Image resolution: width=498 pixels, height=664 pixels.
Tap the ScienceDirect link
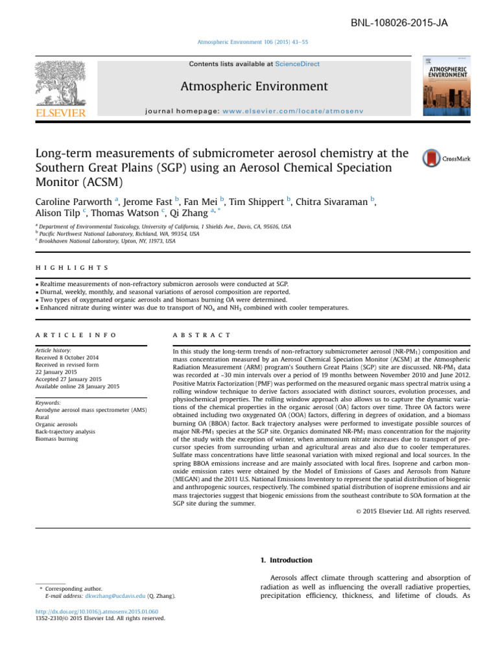click(x=297, y=64)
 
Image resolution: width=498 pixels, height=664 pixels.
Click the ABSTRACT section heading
click(x=203, y=335)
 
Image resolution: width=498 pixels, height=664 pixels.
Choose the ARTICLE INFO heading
click(x=75, y=335)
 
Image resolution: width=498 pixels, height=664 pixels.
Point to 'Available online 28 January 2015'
click(x=77, y=386)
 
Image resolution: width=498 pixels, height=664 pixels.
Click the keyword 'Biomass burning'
click(x=56, y=439)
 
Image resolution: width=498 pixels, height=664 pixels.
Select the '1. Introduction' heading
click(x=286, y=560)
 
